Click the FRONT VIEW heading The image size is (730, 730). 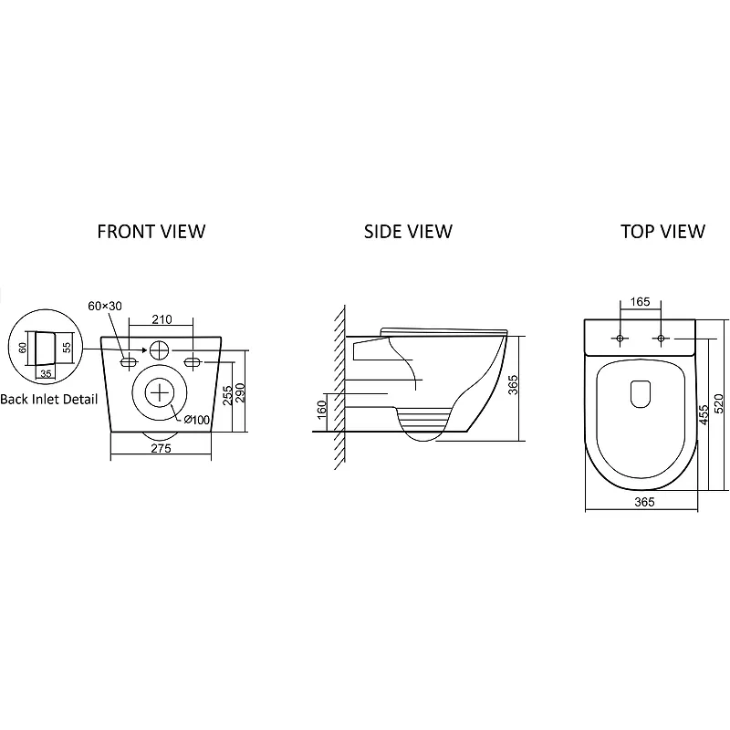point(151,232)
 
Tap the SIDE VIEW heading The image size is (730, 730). point(408,232)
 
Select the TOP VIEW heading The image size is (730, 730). point(663,232)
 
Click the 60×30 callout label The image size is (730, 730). point(105,306)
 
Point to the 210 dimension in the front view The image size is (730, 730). point(162,319)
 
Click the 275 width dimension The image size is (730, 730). point(162,448)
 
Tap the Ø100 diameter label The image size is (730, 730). point(196,420)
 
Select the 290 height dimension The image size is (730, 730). point(240,394)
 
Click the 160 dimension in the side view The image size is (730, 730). point(322,410)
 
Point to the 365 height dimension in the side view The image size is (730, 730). point(513,385)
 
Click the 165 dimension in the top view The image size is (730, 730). point(641,302)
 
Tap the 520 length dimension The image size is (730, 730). point(719,403)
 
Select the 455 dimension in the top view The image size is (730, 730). point(704,414)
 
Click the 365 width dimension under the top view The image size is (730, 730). point(644,502)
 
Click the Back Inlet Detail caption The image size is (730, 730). point(49,400)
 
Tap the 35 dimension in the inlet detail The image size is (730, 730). point(46,374)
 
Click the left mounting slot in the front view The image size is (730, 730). point(129,361)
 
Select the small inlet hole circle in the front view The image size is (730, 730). point(160,349)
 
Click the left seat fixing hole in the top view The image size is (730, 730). point(620,339)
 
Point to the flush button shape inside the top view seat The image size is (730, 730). point(641,394)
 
